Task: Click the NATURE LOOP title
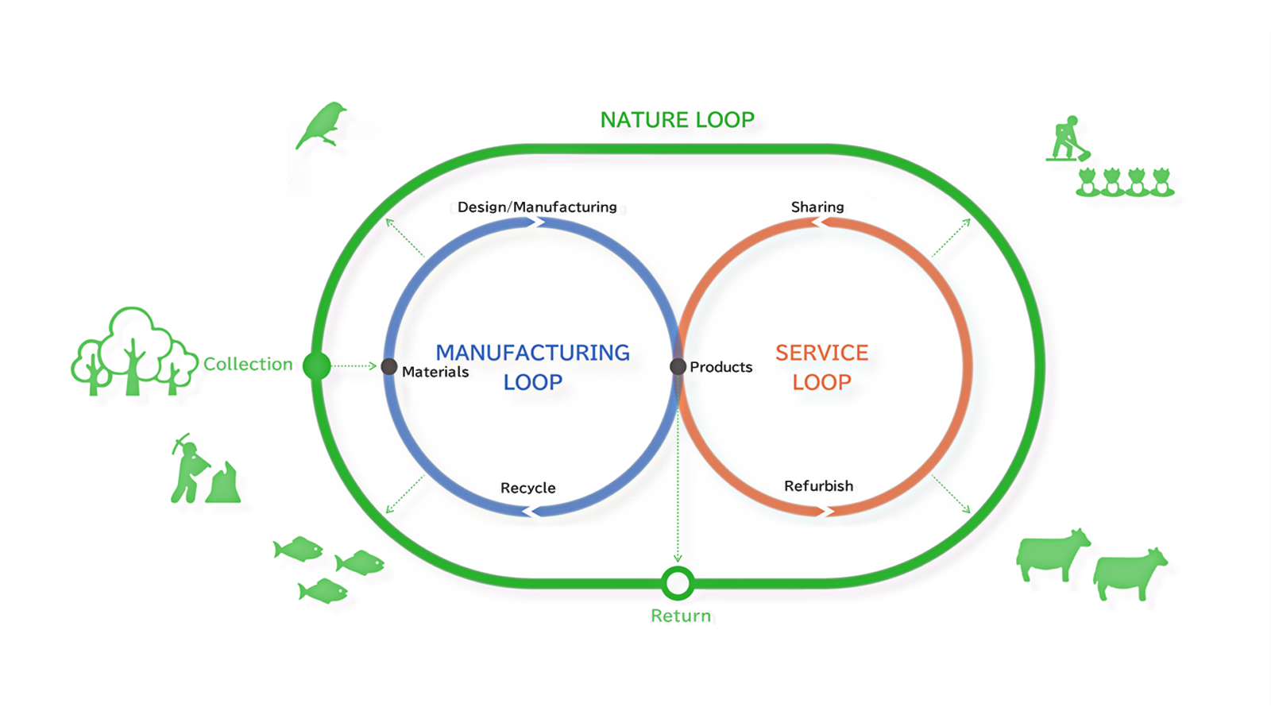[x=677, y=120]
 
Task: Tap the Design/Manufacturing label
[x=537, y=207]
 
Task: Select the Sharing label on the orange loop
[x=817, y=207]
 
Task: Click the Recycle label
[x=527, y=488]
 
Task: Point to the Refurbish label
[x=818, y=486]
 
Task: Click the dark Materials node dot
[x=389, y=366]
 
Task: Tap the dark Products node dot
[x=678, y=366]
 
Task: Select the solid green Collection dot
[x=317, y=365]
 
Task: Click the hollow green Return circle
[x=678, y=583]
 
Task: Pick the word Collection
[x=248, y=364]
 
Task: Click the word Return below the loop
[x=681, y=616]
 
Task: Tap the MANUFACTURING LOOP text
[x=532, y=367]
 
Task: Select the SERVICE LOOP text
[x=821, y=367]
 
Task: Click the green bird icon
[x=322, y=125]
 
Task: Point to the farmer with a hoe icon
[x=1068, y=139]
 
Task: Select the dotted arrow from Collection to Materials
[x=353, y=365]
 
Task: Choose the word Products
[x=720, y=367]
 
